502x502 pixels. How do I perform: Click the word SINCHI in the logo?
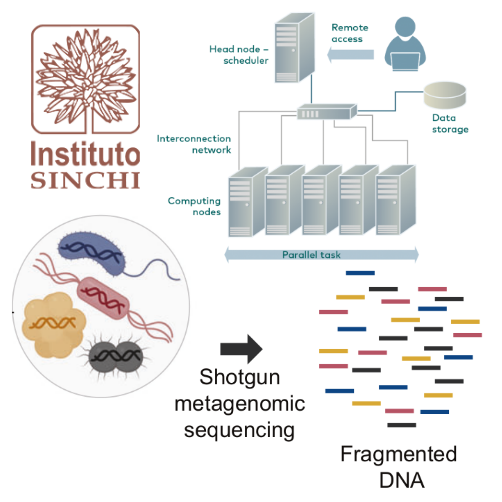[x=85, y=180]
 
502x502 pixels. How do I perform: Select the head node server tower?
[x=294, y=48]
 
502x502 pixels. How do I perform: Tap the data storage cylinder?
[x=445, y=95]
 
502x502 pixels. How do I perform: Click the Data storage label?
[x=450, y=124]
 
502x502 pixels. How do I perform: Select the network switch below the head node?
[x=327, y=112]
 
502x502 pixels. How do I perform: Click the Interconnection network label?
[x=194, y=144]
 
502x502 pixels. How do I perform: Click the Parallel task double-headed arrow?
[x=321, y=255]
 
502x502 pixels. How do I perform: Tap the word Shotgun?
[x=240, y=377]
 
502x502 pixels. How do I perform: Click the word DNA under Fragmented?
[x=401, y=480]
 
